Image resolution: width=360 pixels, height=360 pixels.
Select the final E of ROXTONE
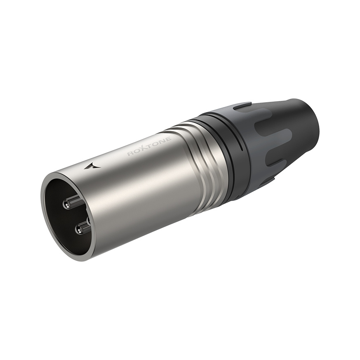pyautogui.click(x=168, y=138)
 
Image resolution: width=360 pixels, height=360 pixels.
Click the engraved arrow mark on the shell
pyautogui.click(x=92, y=166)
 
